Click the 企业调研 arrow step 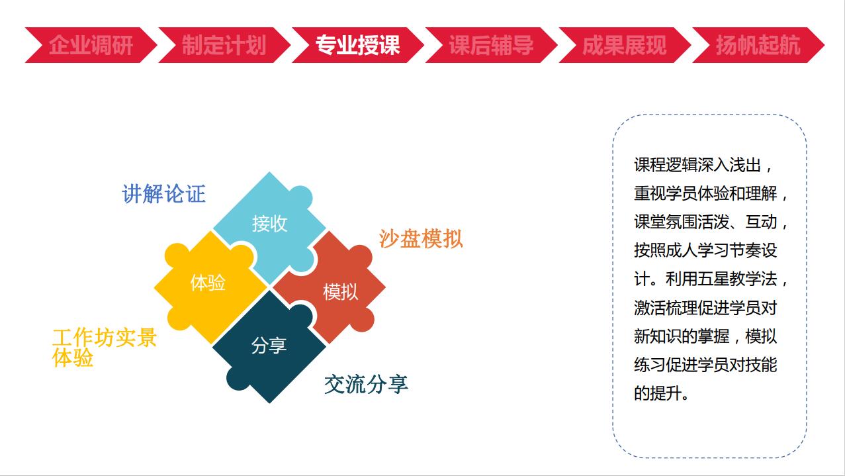pos(91,45)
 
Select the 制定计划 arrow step pos(224,45)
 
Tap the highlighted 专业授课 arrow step pos(357,45)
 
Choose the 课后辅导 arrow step pos(491,45)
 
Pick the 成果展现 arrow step pos(625,45)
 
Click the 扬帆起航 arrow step pos(758,45)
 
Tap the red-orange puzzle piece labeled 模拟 pos(332,289)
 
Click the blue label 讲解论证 pos(163,194)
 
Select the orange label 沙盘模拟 pos(421,239)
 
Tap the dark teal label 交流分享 pos(366,385)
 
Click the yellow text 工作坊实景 pos(105,337)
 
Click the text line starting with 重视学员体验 pos(711,194)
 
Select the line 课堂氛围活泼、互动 pos(711,222)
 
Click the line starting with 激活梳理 pos(705,308)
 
